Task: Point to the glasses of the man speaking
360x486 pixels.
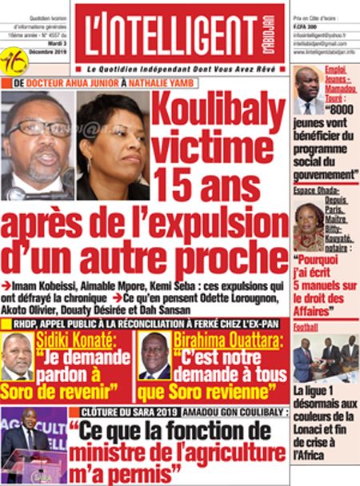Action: pos(36,128)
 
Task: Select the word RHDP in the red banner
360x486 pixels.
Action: pos(25,323)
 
